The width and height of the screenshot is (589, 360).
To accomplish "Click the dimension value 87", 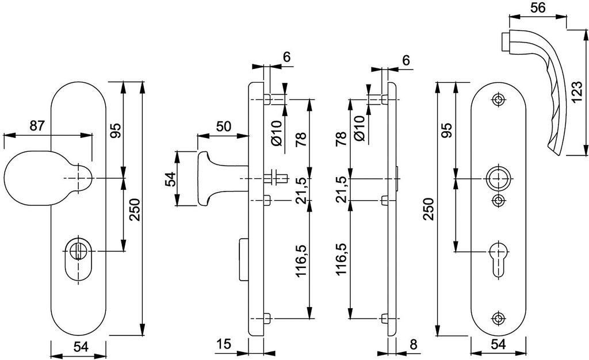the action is pos(37,125).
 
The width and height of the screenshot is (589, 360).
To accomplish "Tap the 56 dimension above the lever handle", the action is pos(538,8).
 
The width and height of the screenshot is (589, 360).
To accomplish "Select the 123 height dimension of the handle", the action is pos(579,91).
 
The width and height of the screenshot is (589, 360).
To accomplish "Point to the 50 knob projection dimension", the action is pos(224,126).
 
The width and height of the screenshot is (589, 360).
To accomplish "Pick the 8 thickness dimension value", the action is pos(414,344).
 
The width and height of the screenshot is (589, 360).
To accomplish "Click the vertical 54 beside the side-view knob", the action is pos(170,179).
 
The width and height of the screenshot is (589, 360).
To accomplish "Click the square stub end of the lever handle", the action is pos(505,41).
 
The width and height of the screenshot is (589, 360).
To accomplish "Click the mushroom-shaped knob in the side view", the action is pos(221,179).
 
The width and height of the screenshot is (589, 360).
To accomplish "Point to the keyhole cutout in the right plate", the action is pos(499,259).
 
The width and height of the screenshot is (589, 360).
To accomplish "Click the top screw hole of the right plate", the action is pos(499,99).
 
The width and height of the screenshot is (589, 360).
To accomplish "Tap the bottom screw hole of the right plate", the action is pos(499,318).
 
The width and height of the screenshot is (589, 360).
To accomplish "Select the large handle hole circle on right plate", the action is pos(499,178).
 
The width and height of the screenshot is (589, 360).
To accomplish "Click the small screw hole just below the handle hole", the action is pos(499,200).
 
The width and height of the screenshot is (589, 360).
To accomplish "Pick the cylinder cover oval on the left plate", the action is pos(78,259).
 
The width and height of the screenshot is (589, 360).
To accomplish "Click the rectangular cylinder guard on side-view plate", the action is pos(244,259).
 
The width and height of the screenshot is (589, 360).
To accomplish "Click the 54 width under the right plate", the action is pos(499,344).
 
